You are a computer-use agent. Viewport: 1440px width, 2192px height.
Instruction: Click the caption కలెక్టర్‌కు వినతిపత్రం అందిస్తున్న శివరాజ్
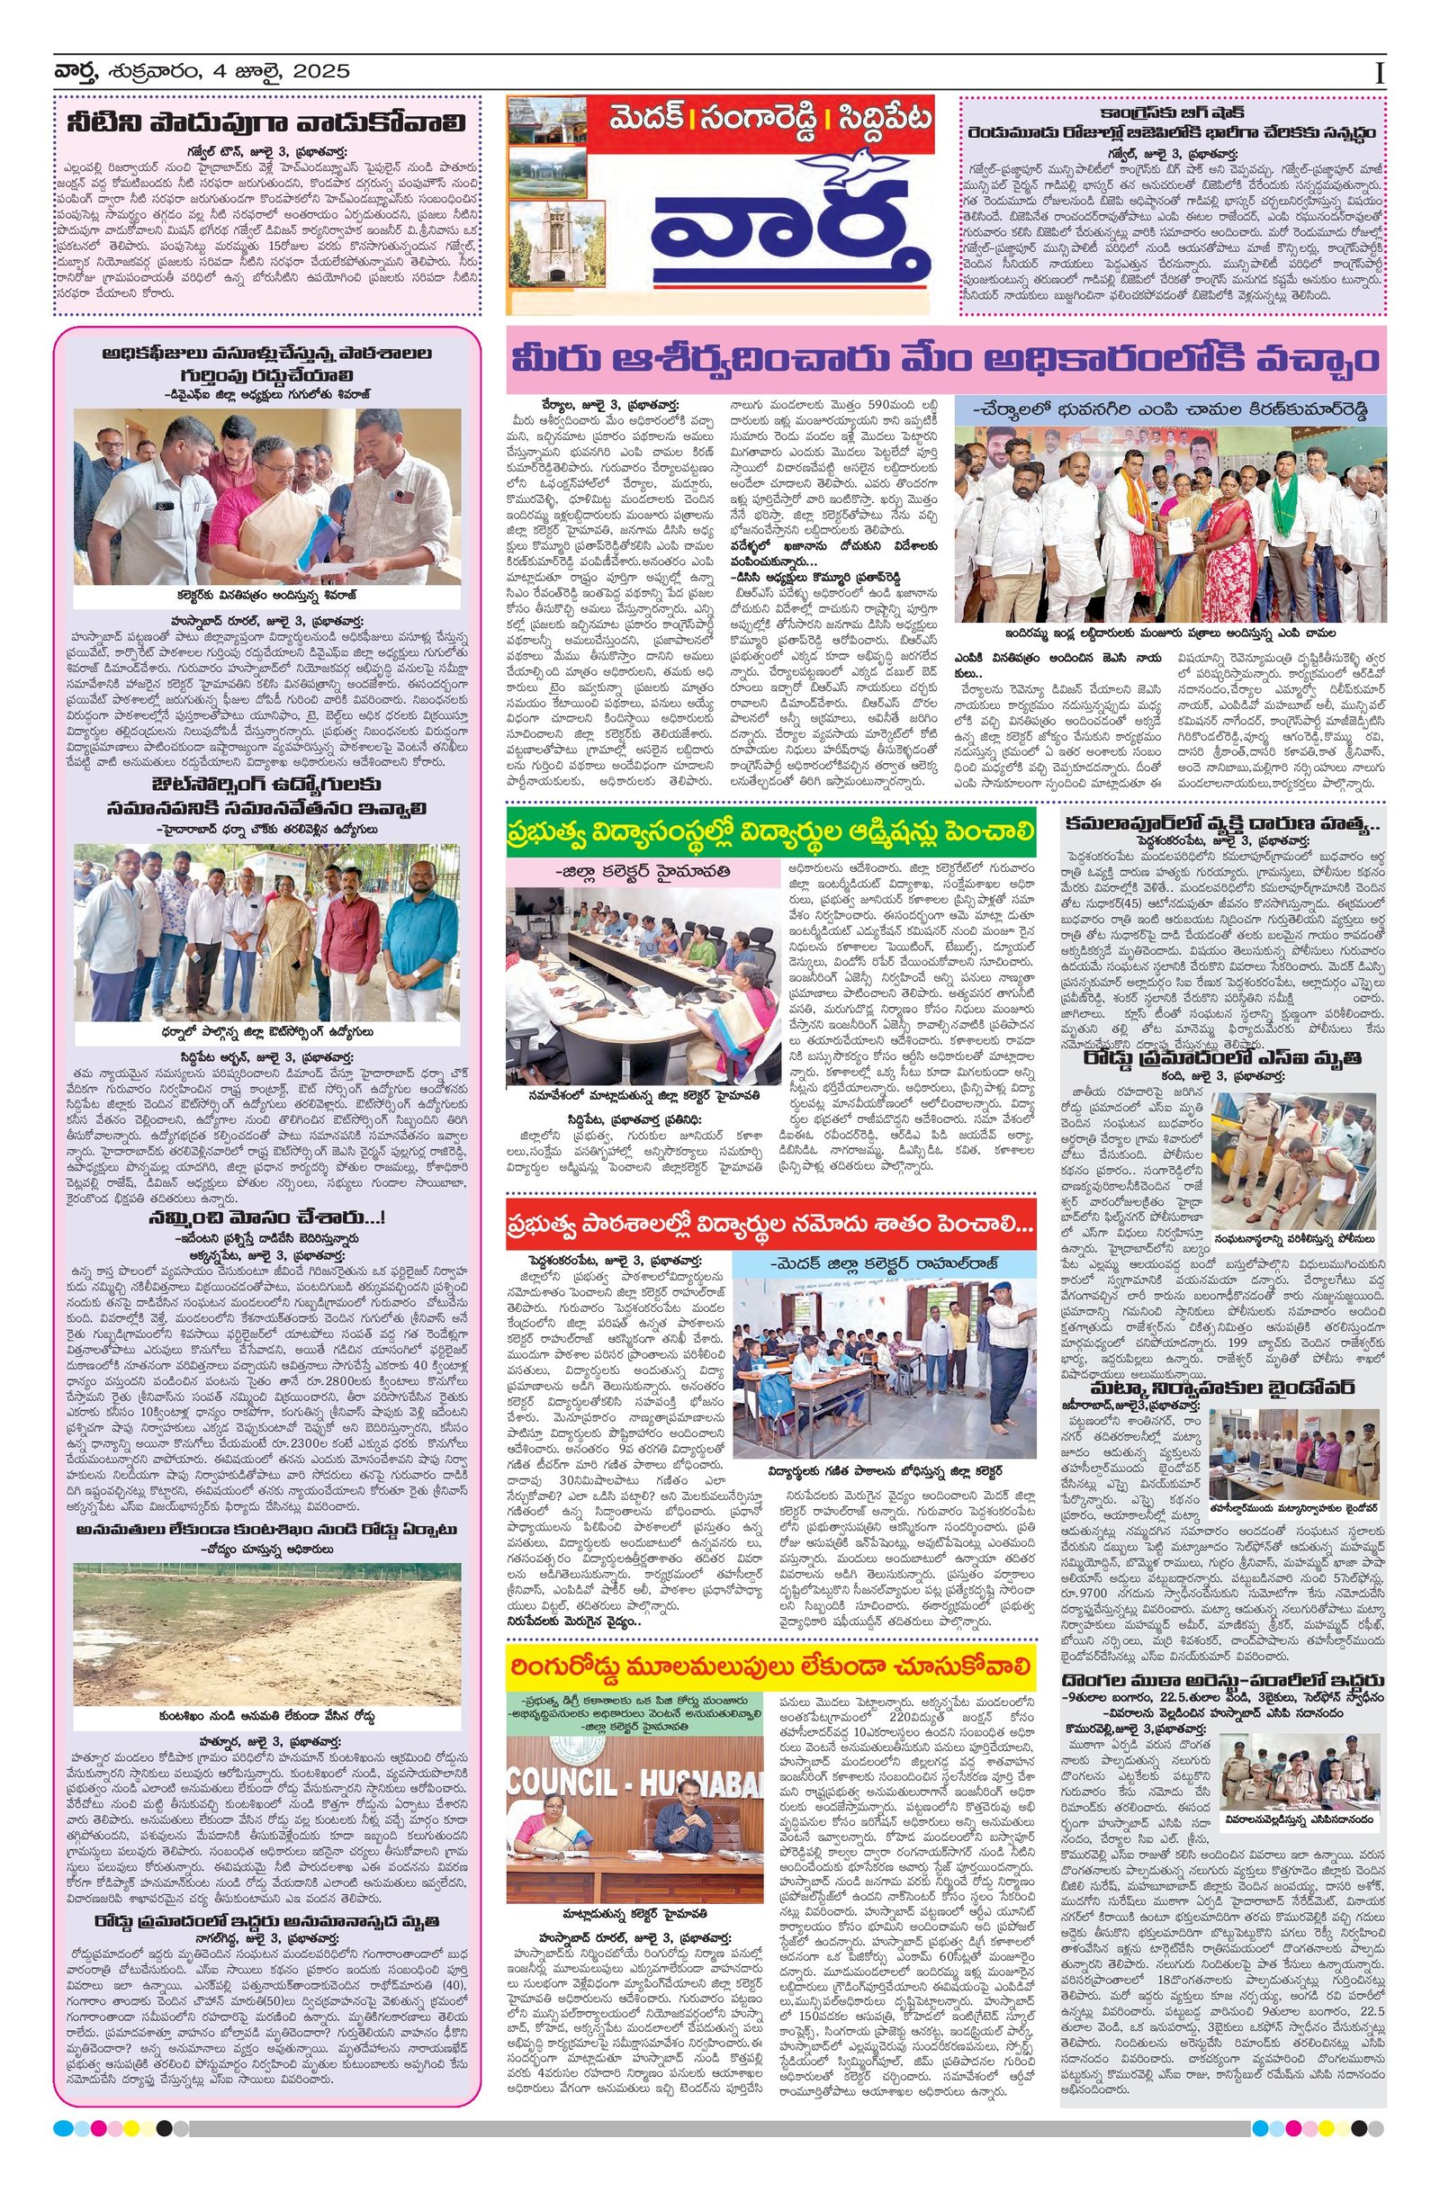click(x=267, y=594)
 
